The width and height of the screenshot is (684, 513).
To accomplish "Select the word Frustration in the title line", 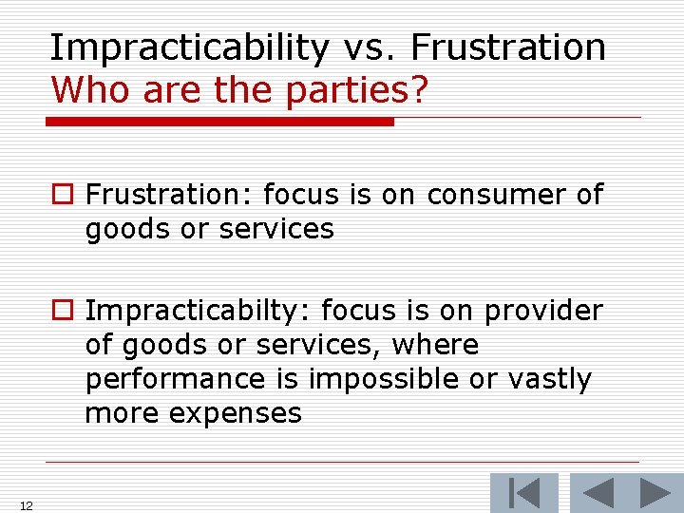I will [x=509, y=47].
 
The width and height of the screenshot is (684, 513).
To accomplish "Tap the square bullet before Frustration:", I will [x=64, y=196].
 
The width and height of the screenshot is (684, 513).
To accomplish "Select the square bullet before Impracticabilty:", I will [x=64, y=312].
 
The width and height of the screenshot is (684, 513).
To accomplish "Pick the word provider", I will [x=544, y=312].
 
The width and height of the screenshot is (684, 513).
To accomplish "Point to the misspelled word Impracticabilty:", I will [x=198, y=312].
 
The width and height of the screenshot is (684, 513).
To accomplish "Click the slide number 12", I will [x=27, y=505].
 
